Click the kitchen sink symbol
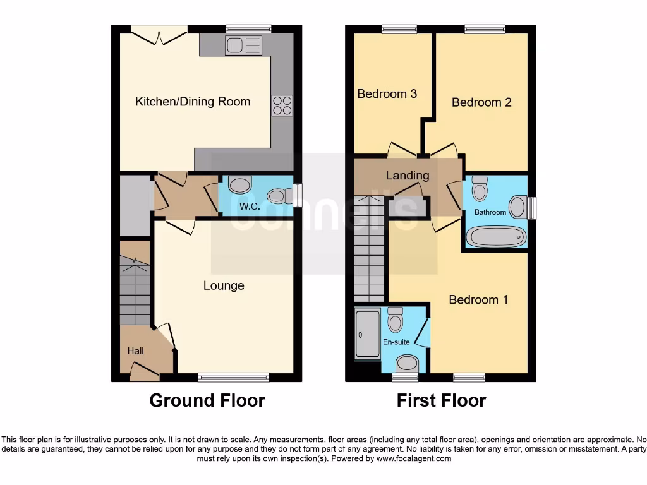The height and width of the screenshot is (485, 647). coord(243,45)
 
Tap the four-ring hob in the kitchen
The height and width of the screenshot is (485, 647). coord(282,105)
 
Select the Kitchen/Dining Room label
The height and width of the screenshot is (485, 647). coord(193,102)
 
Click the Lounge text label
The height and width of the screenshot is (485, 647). coord(224,285)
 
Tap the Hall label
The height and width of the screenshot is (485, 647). coord(136,351)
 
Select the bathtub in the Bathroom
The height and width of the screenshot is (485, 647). coord(496,237)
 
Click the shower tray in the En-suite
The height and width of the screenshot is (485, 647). coord(367,333)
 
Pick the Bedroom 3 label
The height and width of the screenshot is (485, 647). coord(387,94)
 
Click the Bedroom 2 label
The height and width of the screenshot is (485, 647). coord(481,102)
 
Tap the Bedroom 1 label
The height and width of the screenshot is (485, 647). coord(478,299)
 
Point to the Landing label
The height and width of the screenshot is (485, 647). coord(408,176)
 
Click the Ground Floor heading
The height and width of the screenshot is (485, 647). coord(207,400)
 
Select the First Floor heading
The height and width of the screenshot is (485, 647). coord(441,400)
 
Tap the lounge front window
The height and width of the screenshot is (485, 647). coord(234,378)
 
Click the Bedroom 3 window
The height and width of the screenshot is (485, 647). coord(399,28)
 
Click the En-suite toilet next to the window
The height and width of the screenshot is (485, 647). coord(407,362)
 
